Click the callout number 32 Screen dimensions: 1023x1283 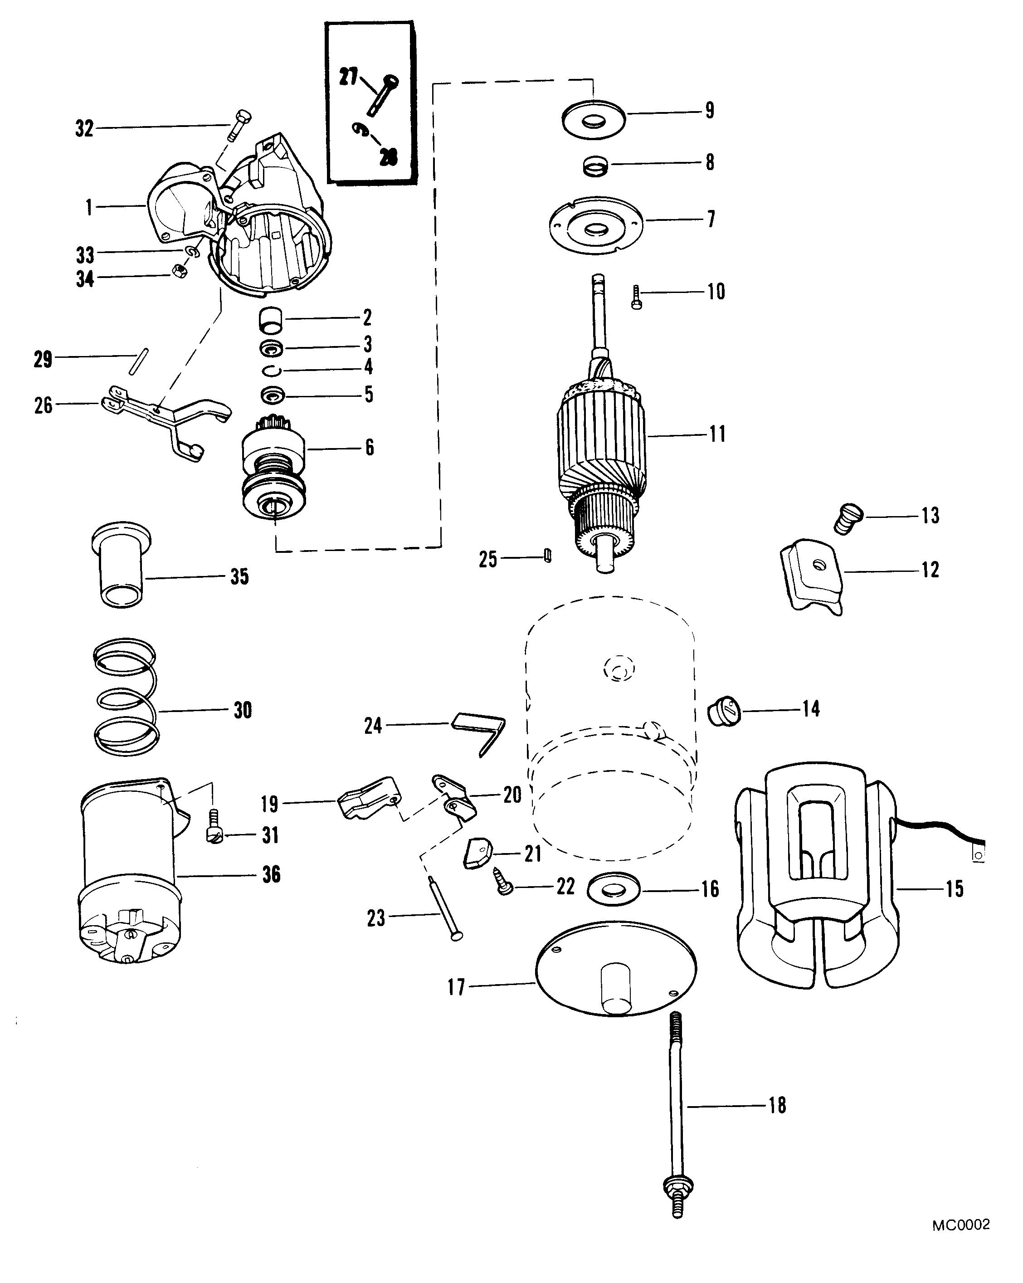[x=84, y=128]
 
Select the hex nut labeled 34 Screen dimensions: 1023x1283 [x=180, y=271]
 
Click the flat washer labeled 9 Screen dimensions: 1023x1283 [x=593, y=120]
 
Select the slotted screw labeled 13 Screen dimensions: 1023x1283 [x=848, y=518]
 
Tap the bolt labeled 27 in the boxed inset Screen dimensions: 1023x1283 [x=383, y=95]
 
